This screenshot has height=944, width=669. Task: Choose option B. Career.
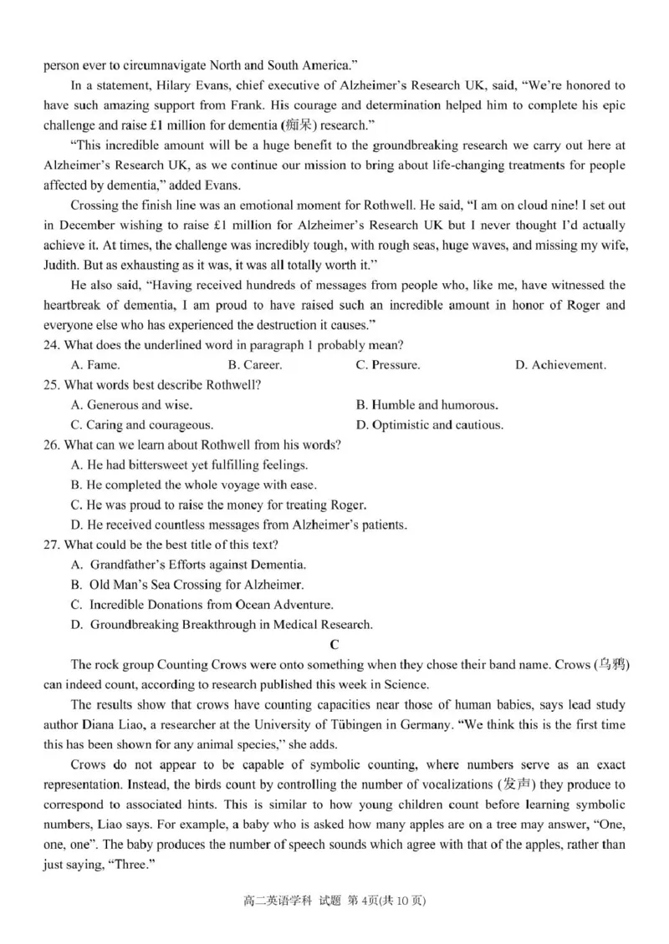click(254, 365)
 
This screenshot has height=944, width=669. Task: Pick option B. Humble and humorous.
click(426, 404)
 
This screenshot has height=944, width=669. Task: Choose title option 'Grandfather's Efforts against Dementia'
click(189, 565)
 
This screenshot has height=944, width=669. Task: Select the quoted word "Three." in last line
click(135, 865)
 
